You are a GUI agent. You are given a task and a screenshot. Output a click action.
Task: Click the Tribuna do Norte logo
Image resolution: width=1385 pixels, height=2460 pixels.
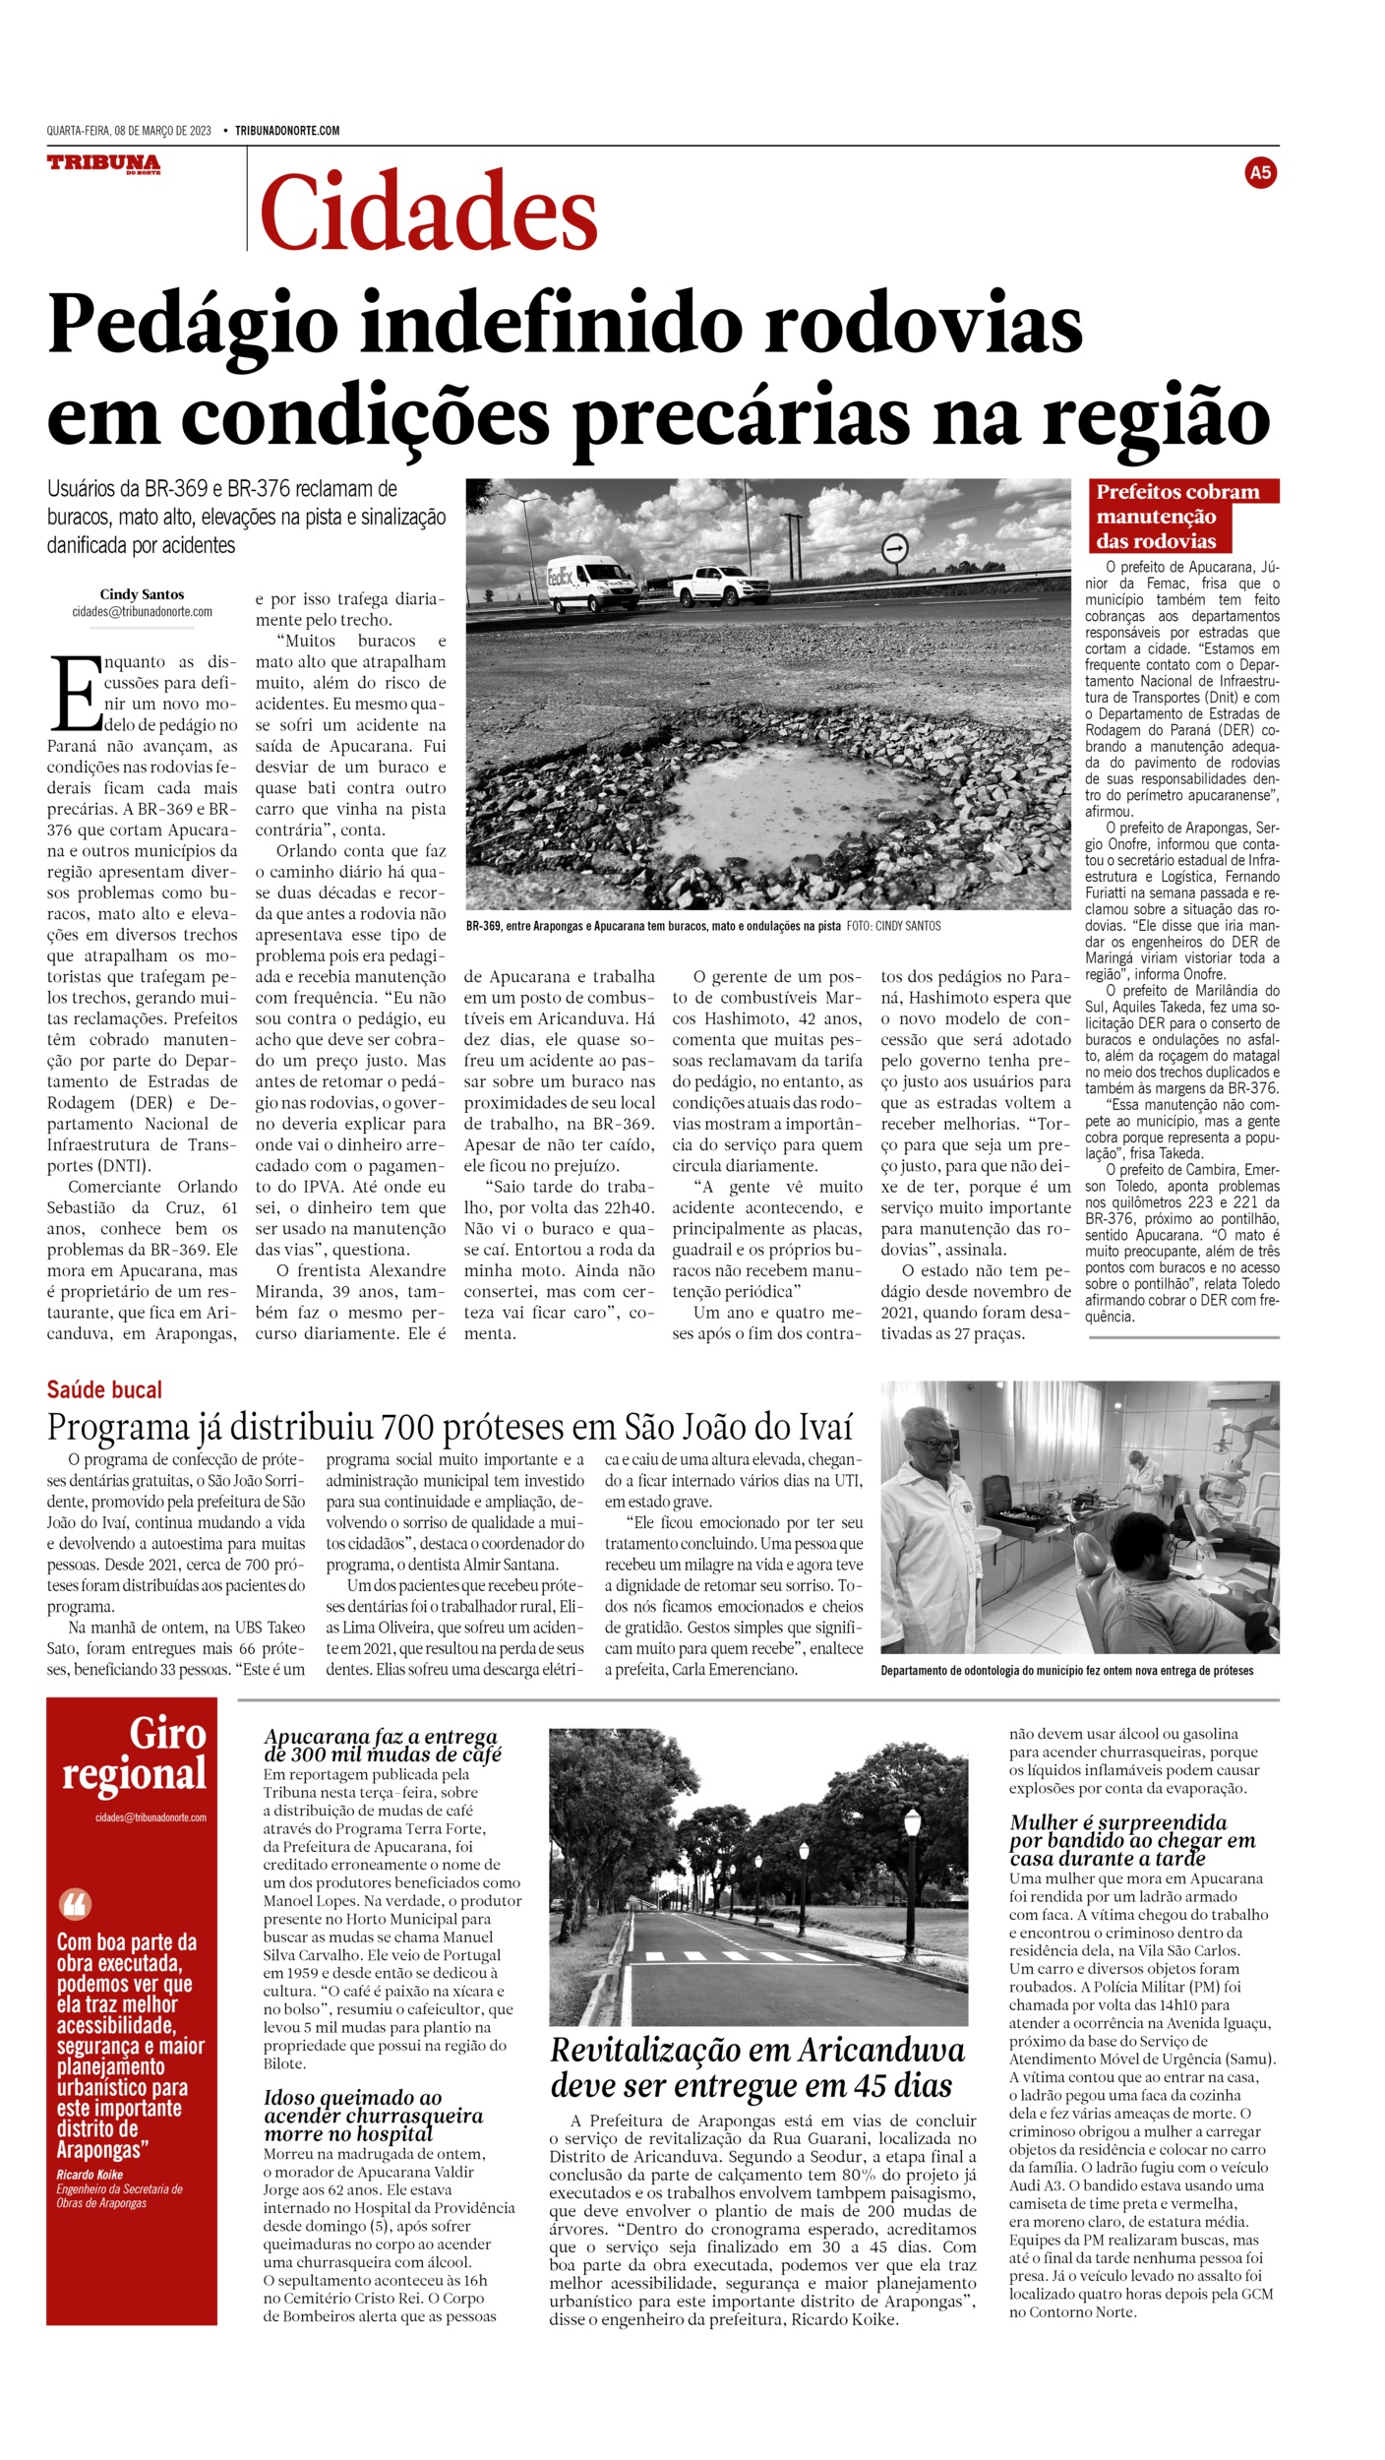click(103, 164)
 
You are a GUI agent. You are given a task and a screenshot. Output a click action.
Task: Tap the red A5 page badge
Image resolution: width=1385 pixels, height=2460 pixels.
click(1259, 173)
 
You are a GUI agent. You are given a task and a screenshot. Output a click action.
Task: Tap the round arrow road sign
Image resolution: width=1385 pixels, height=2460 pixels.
click(894, 548)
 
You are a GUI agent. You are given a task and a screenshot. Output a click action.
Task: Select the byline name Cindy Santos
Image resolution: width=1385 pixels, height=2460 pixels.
click(142, 594)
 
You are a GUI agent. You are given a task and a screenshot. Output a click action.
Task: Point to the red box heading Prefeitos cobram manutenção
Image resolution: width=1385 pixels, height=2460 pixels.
click(1177, 516)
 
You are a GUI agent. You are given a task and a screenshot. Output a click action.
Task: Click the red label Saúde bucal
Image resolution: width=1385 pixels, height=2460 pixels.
click(104, 1389)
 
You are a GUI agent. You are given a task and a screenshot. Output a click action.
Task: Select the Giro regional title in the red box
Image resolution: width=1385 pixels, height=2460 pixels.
click(135, 1756)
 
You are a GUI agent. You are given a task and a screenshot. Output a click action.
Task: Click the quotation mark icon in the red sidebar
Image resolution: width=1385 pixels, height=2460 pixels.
click(75, 1904)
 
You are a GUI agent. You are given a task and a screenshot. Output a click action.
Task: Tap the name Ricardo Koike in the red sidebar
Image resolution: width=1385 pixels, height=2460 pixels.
click(90, 2175)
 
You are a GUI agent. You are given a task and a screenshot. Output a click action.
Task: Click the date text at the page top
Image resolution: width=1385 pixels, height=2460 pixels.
click(129, 131)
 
